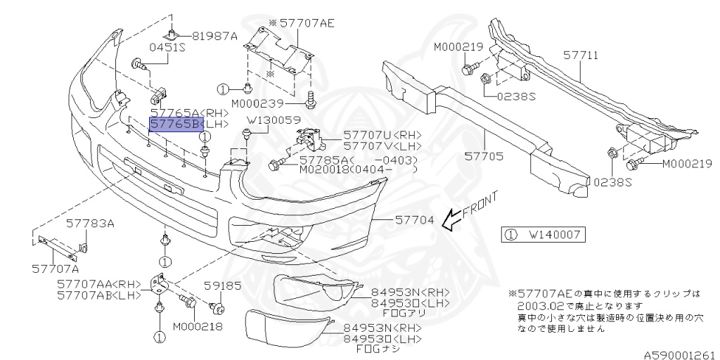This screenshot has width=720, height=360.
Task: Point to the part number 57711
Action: tap(581, 54)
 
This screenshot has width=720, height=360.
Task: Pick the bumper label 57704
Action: tap(414, 219)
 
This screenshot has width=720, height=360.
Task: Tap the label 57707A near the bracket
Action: tap(55, 268)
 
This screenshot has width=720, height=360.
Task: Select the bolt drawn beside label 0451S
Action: tap(140, 67)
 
